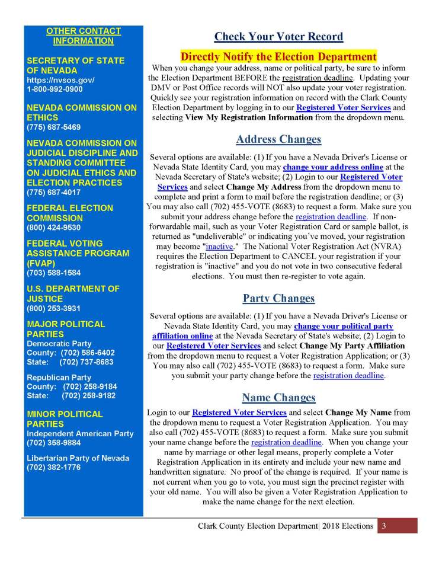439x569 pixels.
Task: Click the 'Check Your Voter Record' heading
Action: pos(278,37)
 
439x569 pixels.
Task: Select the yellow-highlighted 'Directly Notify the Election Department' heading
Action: pos(278,57)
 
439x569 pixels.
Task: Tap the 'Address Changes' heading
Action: pos(278,140)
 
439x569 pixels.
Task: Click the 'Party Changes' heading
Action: pos(278,298)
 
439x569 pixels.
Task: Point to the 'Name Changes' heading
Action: pos(278,397)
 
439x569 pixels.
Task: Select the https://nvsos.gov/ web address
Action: pos(60,80)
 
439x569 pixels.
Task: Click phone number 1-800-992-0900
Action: pos(55,89)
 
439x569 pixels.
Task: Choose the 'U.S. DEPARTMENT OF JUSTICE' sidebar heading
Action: pos(73,294)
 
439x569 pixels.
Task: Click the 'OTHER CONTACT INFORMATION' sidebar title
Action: pos(83,36)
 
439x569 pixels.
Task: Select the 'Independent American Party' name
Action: pos(80,434)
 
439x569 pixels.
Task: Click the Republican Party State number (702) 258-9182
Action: pos(88,396)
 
